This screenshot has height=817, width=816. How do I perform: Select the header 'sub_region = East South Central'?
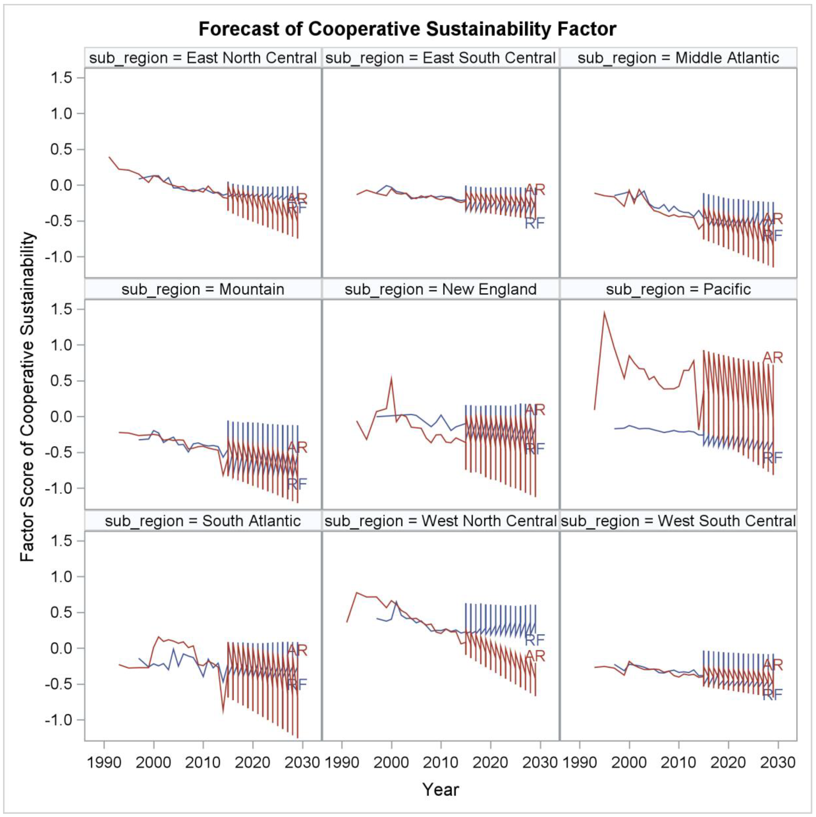440,58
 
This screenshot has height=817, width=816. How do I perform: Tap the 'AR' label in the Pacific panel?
773,358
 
